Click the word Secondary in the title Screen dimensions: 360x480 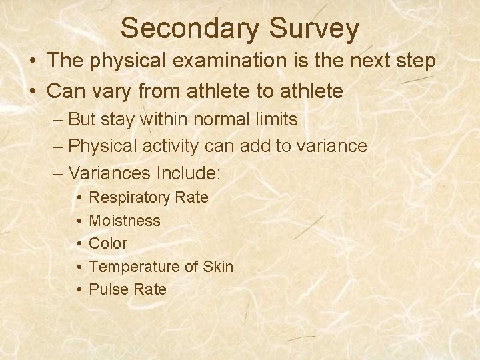[189, 28]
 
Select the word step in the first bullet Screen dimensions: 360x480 [414, 61]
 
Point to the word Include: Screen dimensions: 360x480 [187, 173]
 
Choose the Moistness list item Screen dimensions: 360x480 [125, 220]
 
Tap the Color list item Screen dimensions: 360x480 [108, 243]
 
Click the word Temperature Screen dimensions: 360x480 [134, 267]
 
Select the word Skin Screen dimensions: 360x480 [218, 267]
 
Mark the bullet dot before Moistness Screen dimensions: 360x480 [79, 221]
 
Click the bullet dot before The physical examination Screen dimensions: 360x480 [33, 61]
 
